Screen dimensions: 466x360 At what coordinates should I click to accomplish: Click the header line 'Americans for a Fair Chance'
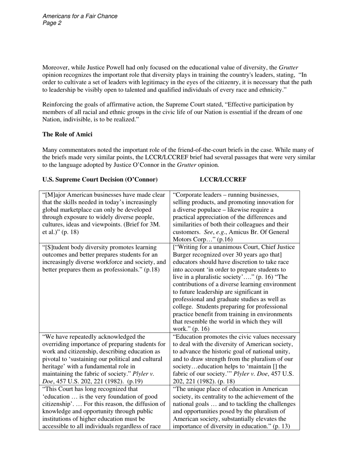pos(80,16)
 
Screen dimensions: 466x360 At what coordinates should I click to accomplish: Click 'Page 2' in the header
pos(52,23)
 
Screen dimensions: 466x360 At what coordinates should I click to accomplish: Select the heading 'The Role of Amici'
pos(67,134)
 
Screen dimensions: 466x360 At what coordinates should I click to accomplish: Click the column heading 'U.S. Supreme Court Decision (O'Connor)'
pos(100,179)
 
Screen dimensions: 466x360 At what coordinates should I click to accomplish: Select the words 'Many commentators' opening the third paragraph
pos(67,150)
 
